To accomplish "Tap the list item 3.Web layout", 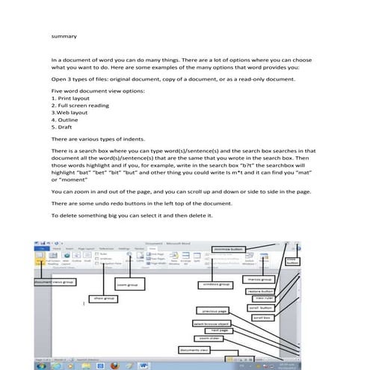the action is click(73, 112).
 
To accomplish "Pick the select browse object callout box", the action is click(214, 324).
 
